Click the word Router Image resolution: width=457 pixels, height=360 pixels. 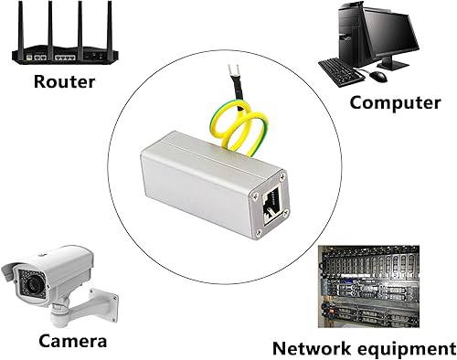coord(65,80)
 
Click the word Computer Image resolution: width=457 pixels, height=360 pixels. coord(395,101)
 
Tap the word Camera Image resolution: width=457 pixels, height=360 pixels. coord(72,342)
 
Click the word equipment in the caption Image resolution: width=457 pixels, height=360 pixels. coord(410,348)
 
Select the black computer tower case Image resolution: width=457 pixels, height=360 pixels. coord(348,32)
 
